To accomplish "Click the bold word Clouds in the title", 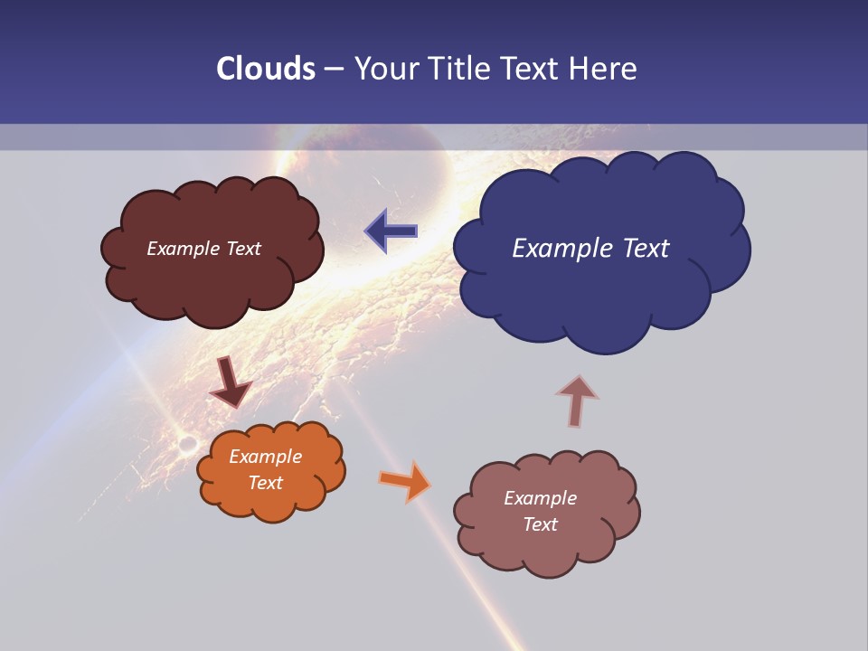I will point(266,69).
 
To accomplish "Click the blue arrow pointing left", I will point(392,231).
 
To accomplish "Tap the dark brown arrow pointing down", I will point(230,382).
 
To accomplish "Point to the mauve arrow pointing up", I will point(577,401).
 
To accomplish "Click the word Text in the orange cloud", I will point(266,483).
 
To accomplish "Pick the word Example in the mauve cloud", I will point(540,498).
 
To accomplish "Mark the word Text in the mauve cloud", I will point(540,524).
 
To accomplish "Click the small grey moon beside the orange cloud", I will point(188,444).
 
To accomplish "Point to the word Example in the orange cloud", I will point(266,457).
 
